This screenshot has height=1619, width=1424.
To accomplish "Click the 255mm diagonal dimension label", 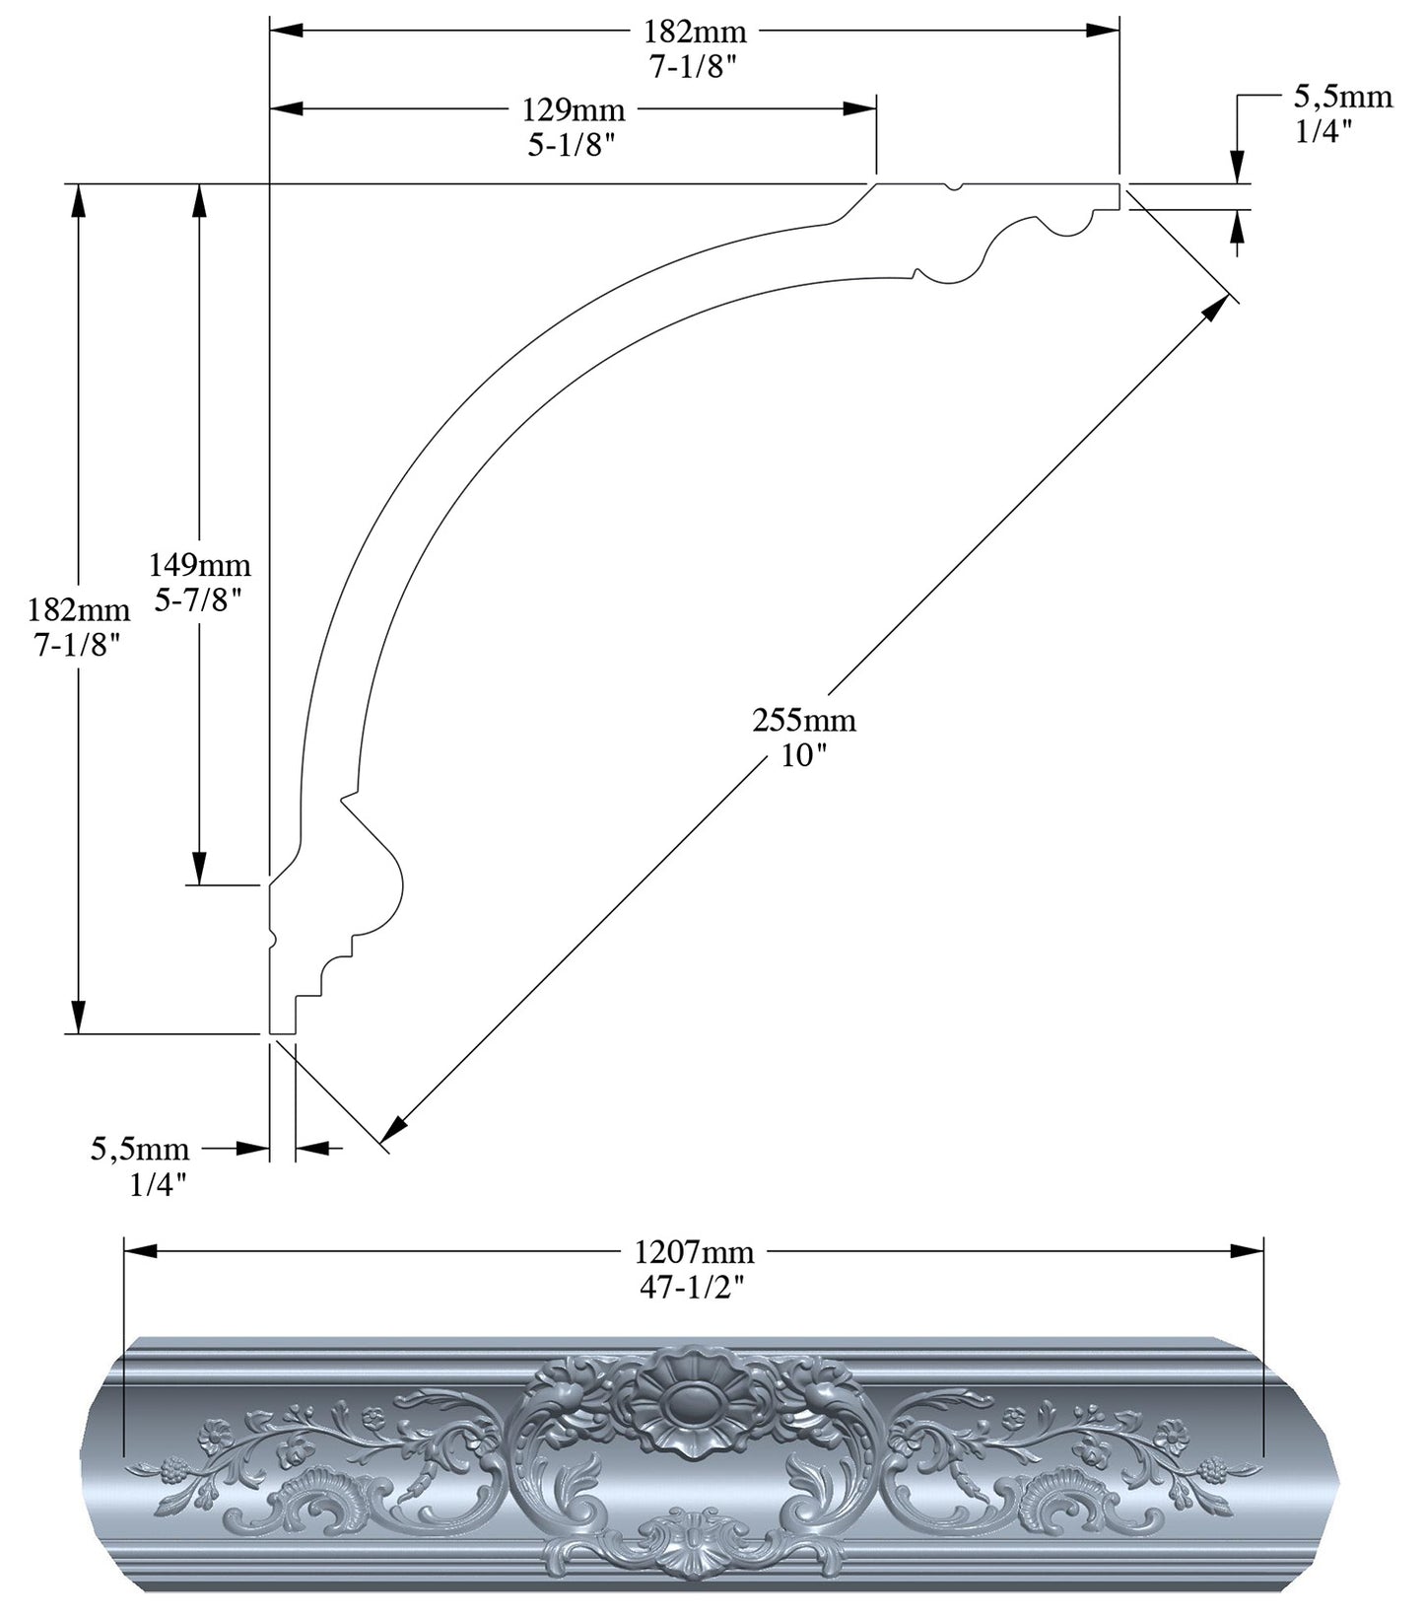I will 804,720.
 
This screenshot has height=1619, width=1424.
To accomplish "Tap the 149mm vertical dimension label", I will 200,566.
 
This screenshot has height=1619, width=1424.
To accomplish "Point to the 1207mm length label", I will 694,1252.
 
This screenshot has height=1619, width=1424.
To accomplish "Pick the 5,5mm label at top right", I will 1342,97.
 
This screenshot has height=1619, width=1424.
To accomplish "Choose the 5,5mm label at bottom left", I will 140,1150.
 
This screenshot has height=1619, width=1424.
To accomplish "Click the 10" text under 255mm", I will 804,757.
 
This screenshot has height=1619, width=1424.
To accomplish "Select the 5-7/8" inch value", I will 200,600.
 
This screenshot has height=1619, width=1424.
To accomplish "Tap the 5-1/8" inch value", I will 573,145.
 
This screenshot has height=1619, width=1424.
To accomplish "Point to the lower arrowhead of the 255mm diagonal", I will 395,1129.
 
